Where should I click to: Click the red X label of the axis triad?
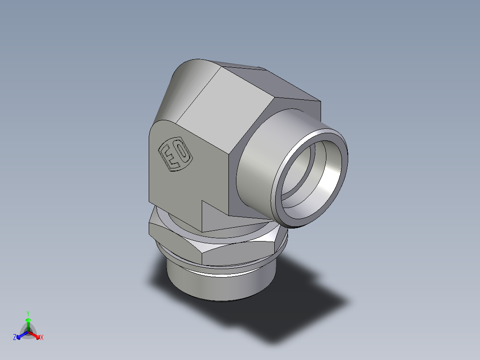click(42, 338)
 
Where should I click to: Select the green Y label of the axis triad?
click(28, 313)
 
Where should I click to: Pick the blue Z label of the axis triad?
click(15, 338)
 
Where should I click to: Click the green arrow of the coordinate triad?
click(28, 323)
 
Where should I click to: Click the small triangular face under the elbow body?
click(212, 218)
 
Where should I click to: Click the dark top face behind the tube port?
click(276, 85)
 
